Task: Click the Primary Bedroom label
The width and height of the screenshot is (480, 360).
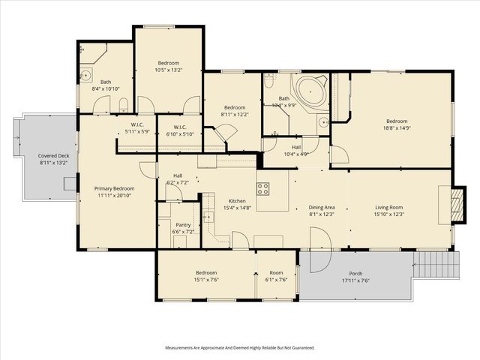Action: click(114, 188)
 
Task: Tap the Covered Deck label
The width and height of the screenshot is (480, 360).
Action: click(52, 156)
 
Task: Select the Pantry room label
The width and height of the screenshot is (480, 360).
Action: click(183, 225)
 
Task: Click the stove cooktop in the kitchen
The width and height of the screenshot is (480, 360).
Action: click(264, 187)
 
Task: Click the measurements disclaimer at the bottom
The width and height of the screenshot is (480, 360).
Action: click(239, 348)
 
